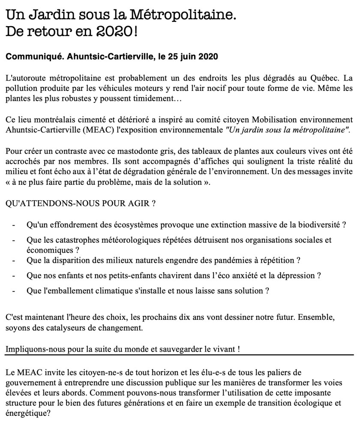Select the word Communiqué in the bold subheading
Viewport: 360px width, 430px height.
click(31, 57)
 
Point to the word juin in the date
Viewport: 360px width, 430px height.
click(192, 57)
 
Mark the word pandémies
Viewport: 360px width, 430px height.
click(234, 260)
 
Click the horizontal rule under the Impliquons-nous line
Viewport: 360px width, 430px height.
click(180, 355)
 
